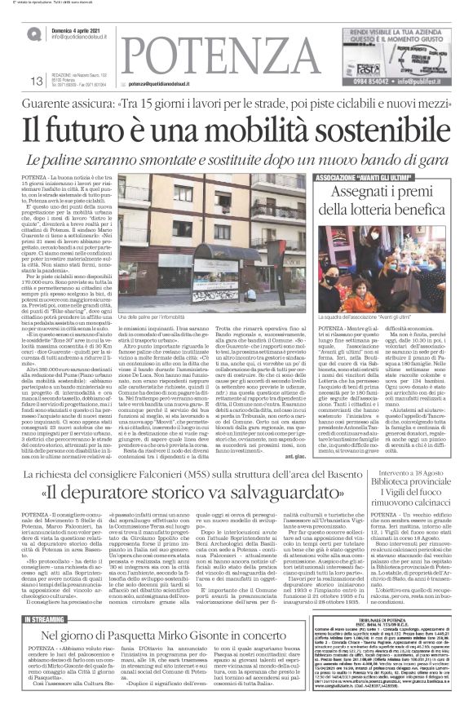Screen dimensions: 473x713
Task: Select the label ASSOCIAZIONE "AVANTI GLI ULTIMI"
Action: [x=364, y=176]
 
